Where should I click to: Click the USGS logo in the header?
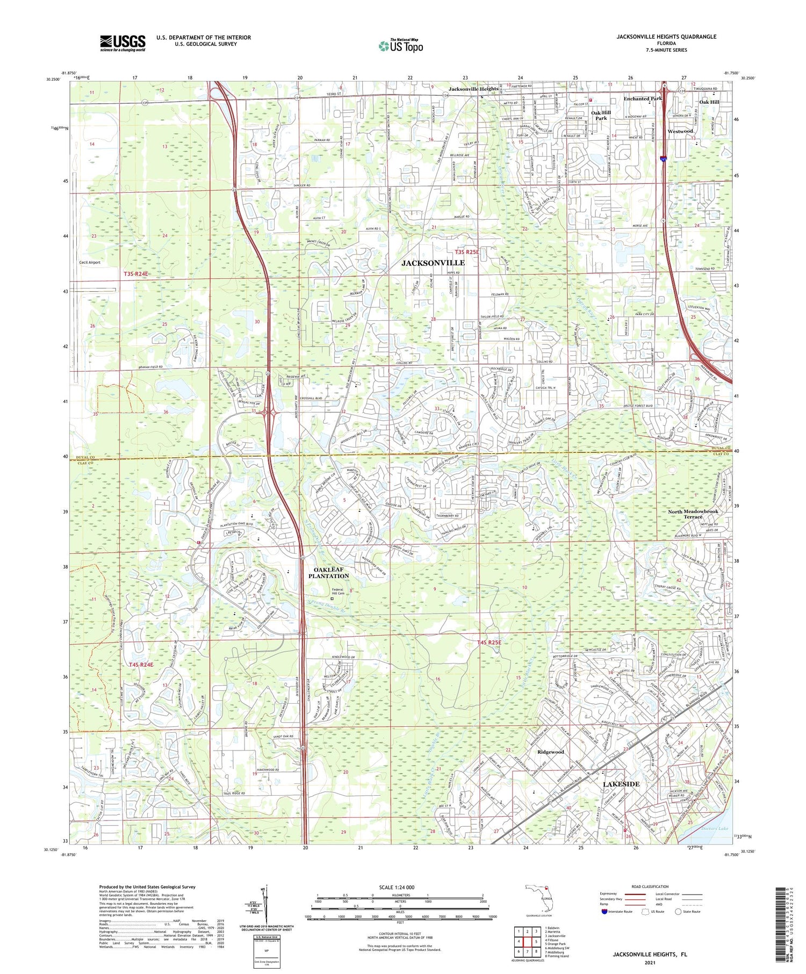[123, 43]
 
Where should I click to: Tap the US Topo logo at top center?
[400, 46]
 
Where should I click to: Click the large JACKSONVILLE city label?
[433, 263]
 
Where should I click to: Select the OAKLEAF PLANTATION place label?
[328, 572]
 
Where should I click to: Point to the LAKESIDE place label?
[621, 784]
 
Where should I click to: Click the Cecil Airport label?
[89, 262]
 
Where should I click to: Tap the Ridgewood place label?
[550, 752]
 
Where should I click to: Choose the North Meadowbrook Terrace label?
[693, 514]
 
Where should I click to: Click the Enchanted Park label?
[642, 99]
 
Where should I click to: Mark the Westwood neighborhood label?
[680, 131]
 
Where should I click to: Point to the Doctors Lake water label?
[715, 828]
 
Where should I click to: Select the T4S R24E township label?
[141, 665]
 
